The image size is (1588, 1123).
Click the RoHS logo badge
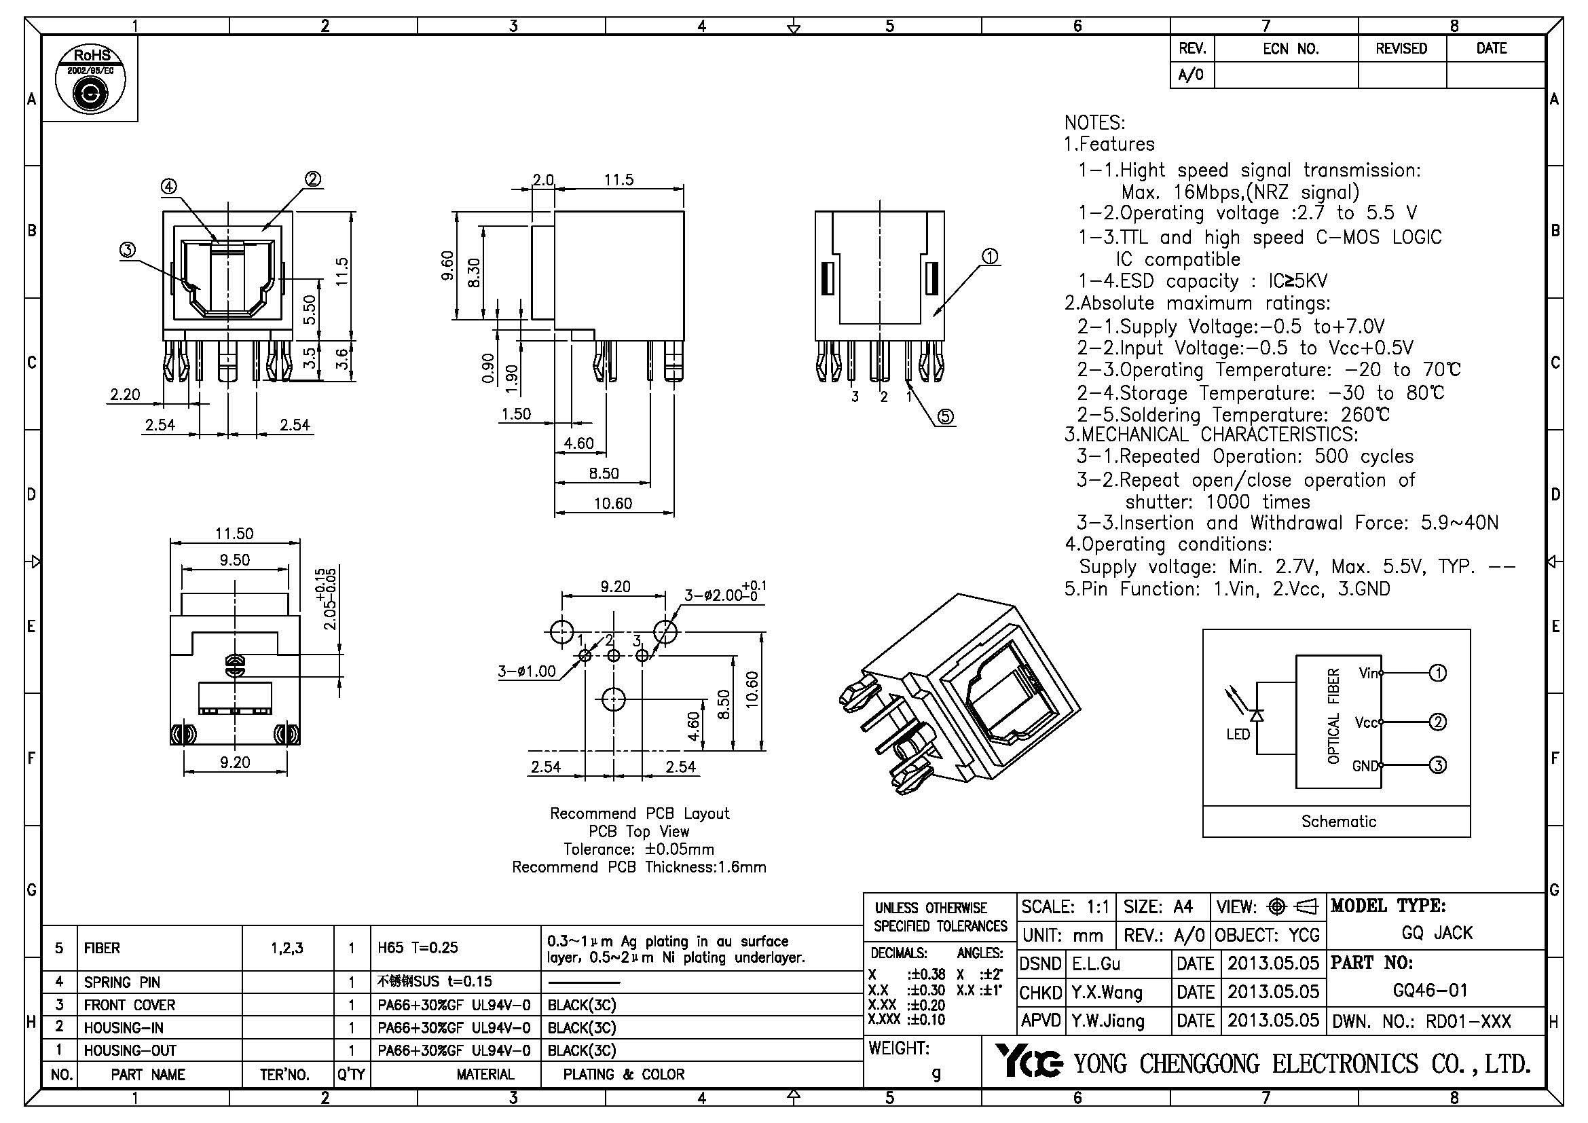90,79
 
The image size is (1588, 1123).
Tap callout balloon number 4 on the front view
169,186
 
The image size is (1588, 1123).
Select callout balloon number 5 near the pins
946,416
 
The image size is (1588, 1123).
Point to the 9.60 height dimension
447,265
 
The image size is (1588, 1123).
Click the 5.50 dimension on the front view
310,309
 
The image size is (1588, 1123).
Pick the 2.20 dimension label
124,395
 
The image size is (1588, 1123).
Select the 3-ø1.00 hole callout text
526,671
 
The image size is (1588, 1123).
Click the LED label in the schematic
1238,734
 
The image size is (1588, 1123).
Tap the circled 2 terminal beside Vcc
1437,722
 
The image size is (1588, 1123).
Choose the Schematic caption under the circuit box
1338,821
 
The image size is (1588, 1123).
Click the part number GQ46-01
1430,990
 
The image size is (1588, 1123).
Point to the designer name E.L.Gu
1096,963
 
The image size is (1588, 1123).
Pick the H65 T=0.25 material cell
418,947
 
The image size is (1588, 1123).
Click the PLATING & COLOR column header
623,1074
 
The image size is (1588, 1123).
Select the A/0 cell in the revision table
1191,75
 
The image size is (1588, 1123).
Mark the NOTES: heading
1094,123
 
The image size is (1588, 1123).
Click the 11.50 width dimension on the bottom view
234,534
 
